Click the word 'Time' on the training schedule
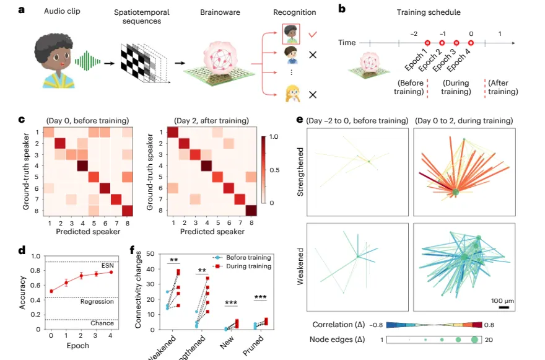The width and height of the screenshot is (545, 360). (347, 42)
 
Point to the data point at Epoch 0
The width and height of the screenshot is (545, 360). (50, 291)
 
